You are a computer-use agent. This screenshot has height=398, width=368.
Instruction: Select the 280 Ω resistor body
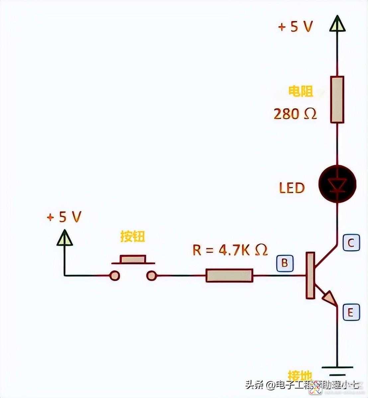click(337, 99)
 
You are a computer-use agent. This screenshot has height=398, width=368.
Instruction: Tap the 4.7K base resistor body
click(229, 275)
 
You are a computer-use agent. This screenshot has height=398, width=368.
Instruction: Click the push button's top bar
click(133, 259)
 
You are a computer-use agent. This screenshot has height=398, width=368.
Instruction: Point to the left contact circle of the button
click(115, 275)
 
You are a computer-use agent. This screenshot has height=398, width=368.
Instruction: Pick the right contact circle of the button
click(151, 275)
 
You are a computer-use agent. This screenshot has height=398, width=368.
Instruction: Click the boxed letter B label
click(285, 263)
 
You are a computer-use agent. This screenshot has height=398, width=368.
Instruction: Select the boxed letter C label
click(351, 243)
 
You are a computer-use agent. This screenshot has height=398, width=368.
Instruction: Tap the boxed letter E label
click(351, 312)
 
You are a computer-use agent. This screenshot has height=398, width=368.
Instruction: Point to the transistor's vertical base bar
click(310, 275)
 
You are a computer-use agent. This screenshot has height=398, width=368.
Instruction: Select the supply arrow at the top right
click(337, 24)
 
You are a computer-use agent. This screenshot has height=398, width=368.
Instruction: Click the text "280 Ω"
click(295, 114)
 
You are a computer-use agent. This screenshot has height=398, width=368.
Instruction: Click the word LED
click(292, 188)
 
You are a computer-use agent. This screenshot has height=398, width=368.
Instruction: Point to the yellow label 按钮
click(133, 237)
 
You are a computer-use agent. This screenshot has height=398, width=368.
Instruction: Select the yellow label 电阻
click(301, 91)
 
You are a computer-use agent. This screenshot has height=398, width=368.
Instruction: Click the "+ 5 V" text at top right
click(295, 27)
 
